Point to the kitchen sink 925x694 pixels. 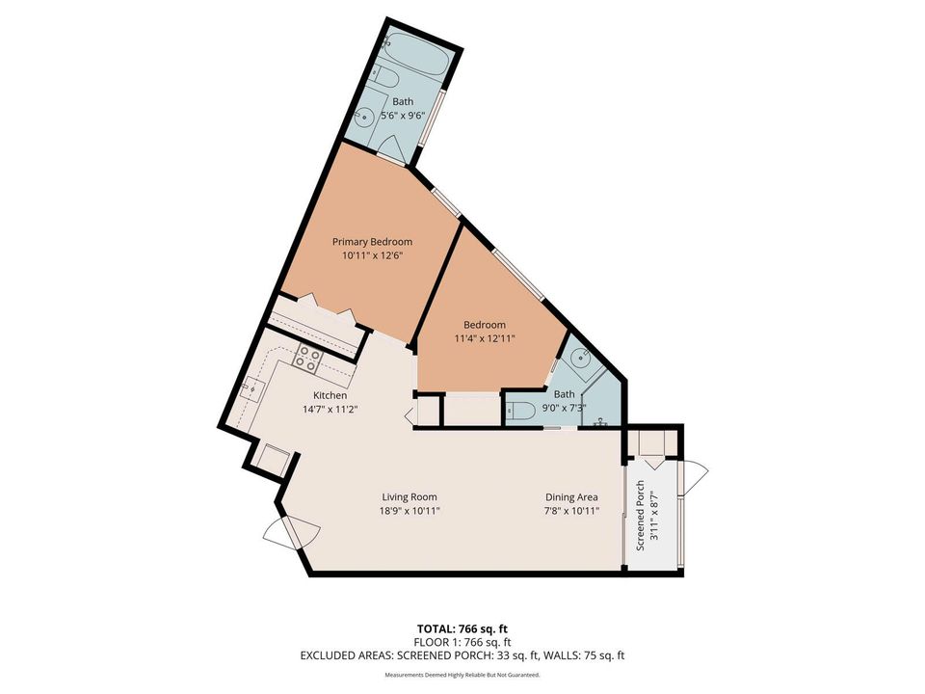point(253,390)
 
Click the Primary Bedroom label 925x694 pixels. point(372,241)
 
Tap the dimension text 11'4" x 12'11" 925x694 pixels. point(484,338)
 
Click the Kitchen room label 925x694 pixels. point(330,396)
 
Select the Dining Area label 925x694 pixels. point(572,496)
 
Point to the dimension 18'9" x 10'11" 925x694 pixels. point(410,511)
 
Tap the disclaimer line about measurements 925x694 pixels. point(462,675)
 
